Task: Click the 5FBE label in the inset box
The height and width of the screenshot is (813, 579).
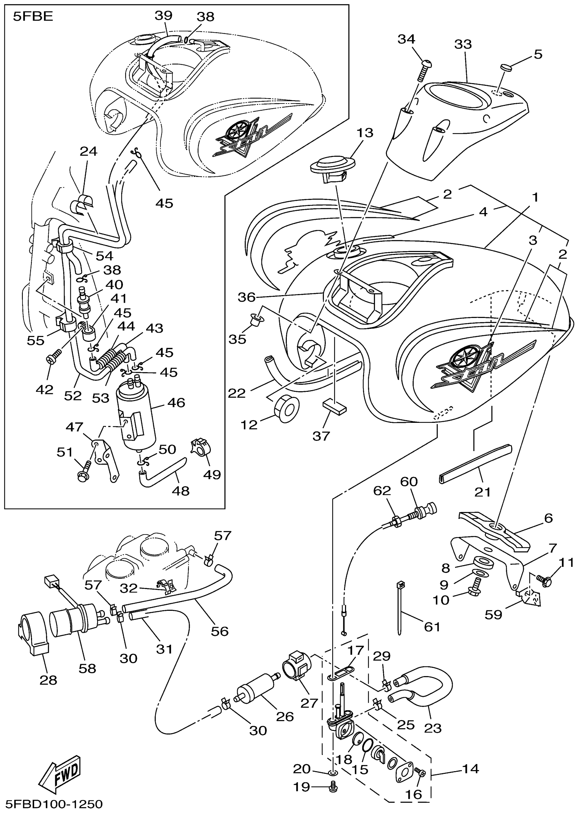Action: pos(33,17)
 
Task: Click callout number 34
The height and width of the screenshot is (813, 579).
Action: pos(406,39)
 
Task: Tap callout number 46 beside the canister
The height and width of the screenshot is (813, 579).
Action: pos(176,403)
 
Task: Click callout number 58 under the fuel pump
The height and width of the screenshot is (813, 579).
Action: pos(87,668)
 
